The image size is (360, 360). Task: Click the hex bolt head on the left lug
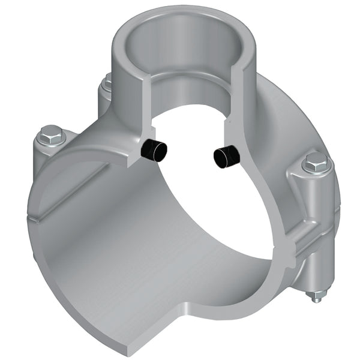click(x=50, y=136)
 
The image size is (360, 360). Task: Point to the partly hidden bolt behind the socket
click(x=107, y=84)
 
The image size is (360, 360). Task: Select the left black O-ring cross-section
click(x=155, y=151)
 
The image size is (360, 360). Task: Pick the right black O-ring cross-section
click(x=226, y=157)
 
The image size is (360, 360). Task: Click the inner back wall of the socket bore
click(x=186, y=78)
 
